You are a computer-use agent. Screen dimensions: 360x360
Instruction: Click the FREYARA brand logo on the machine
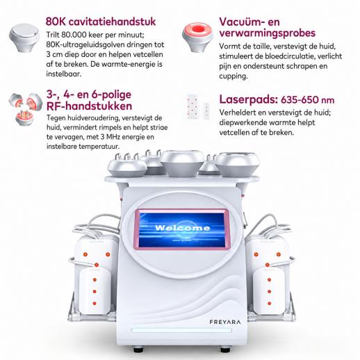pyautogui.click(x=225, y=322)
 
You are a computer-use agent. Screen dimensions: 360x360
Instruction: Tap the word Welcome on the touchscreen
pyautogui.click(x=183, y=228)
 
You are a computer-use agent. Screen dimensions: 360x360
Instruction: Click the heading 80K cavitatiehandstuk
pyautogui.click(x=101, y=22)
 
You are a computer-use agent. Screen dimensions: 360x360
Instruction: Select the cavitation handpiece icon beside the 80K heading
pyautogui.click(x=24, y=38)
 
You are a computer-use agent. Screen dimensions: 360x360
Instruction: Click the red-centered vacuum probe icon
pyautogui.click(x=197, y=37)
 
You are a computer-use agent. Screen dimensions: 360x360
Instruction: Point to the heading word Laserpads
pyautogui.click(x=248, y=99)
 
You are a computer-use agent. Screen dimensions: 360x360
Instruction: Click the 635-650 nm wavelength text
pyautogui.click(x=308, y=100)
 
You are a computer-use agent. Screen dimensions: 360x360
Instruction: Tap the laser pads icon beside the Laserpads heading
pyautogui.click(x=198, y=106)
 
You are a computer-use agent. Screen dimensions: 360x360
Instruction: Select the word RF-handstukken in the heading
pyautogui.click(x=89, y=106)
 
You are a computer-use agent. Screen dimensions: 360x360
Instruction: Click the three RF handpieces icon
pyautogui.click(x=25, y=109)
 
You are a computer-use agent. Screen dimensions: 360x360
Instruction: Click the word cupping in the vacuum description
pyautogui.click(x=234, y=76)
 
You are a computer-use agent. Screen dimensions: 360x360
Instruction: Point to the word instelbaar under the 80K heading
pyautogui.click(x=64, y=74)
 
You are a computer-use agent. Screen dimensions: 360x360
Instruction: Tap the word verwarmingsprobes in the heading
pyautogui.click(x=268, y=33)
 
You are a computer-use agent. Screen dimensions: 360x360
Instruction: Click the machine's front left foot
pyautogui.click(x=139, y=349)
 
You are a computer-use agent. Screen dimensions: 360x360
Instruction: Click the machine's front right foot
pyautogui.click(x=225, y=349)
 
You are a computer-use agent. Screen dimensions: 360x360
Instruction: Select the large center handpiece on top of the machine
pyautogui.click(x=182, y=163)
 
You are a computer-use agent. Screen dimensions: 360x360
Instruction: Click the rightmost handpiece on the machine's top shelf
pyautogui.click(x=238, y=164)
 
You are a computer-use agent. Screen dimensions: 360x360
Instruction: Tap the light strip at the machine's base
pyautogui.click(x=181, y=330)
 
